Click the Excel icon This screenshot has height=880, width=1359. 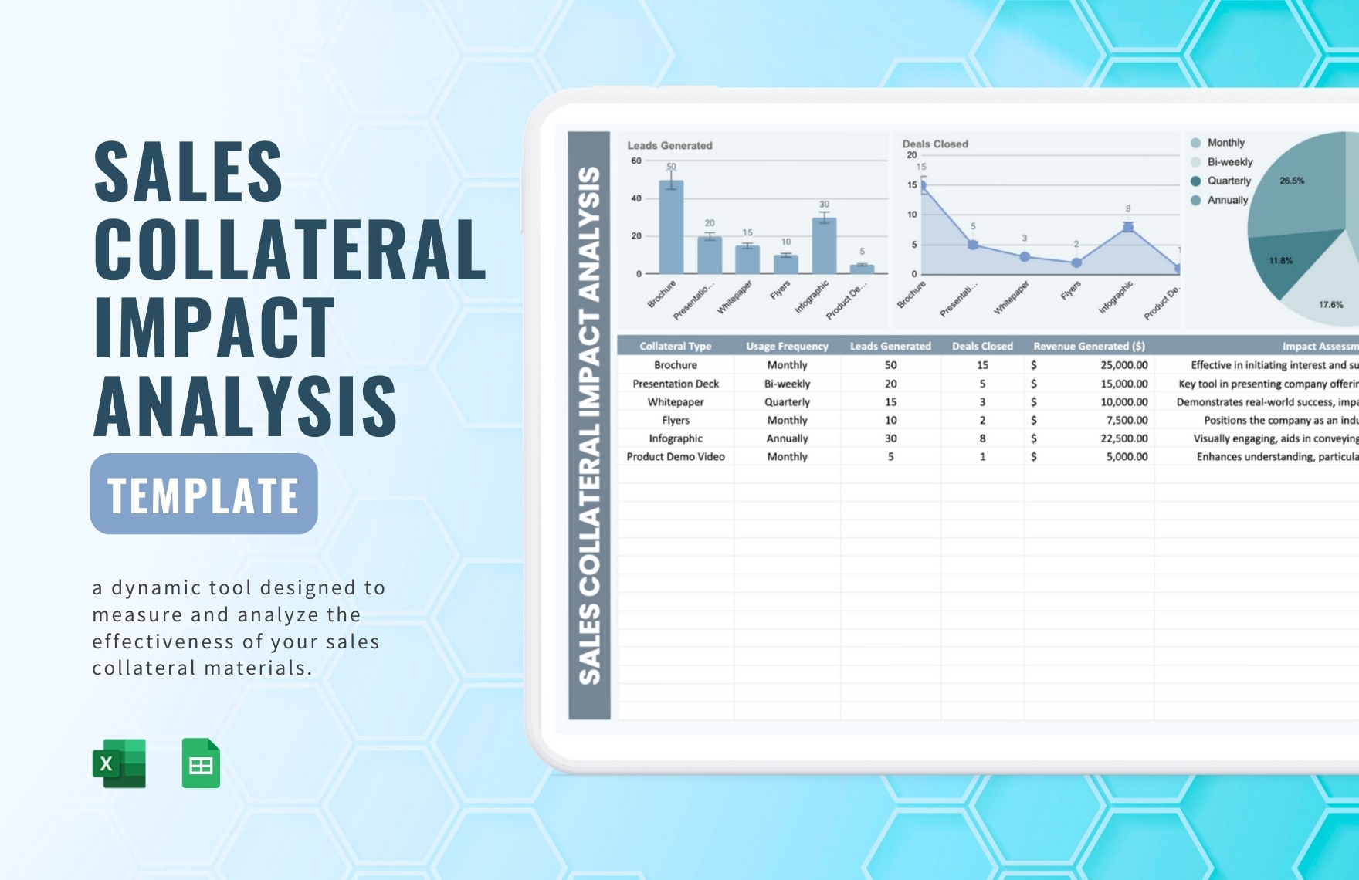click(119, 763)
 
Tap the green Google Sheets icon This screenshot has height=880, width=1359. click(201, 763)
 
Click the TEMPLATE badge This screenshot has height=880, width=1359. click(204, 494)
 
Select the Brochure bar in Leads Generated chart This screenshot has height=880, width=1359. click(671, 227)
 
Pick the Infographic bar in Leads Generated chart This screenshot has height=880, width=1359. click(824, 245)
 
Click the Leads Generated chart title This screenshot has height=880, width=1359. click(669, 145)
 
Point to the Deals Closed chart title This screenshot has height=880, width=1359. click(935, 144)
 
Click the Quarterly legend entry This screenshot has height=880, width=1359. click(1229, 181)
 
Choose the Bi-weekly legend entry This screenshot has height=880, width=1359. click(1229, 162)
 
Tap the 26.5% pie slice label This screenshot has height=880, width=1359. click(1292, 181)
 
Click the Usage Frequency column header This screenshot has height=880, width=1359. click(787, 347)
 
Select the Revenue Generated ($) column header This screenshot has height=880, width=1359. click(1089, 347)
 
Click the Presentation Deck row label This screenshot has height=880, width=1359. click(676, 384)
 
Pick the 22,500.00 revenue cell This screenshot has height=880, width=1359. click(1123, 438)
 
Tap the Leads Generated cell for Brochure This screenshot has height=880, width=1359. click(890, 365)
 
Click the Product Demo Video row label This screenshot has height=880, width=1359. click(676, 457)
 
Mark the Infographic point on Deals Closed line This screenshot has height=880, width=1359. click(1128, 227)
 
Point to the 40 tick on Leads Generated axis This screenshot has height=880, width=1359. click(636, 198)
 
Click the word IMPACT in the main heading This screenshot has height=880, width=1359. click(215, 327)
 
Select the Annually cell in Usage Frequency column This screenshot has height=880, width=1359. click(787, 438)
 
